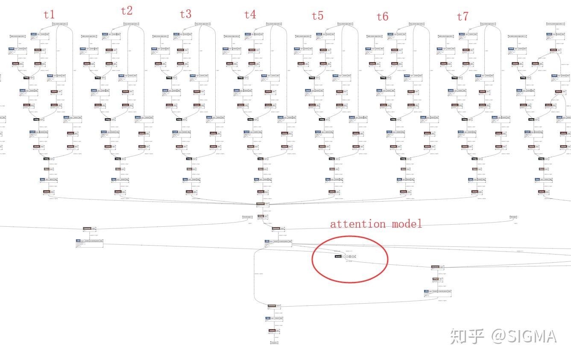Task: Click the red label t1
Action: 49,15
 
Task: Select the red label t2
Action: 127,11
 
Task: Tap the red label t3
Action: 185,14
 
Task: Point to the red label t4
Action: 250,15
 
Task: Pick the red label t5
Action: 317,16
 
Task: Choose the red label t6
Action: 382,17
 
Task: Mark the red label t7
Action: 463,16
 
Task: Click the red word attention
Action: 358,224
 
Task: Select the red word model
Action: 406,223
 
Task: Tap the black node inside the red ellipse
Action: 338,257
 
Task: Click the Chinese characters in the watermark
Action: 467,337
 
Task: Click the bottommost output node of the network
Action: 274,342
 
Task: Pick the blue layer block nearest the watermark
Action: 427,291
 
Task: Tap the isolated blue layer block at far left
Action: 79,241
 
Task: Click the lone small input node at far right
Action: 513,217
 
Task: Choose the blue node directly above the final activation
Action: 268,318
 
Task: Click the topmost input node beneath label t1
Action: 60,24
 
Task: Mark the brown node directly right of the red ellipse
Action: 435,267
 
